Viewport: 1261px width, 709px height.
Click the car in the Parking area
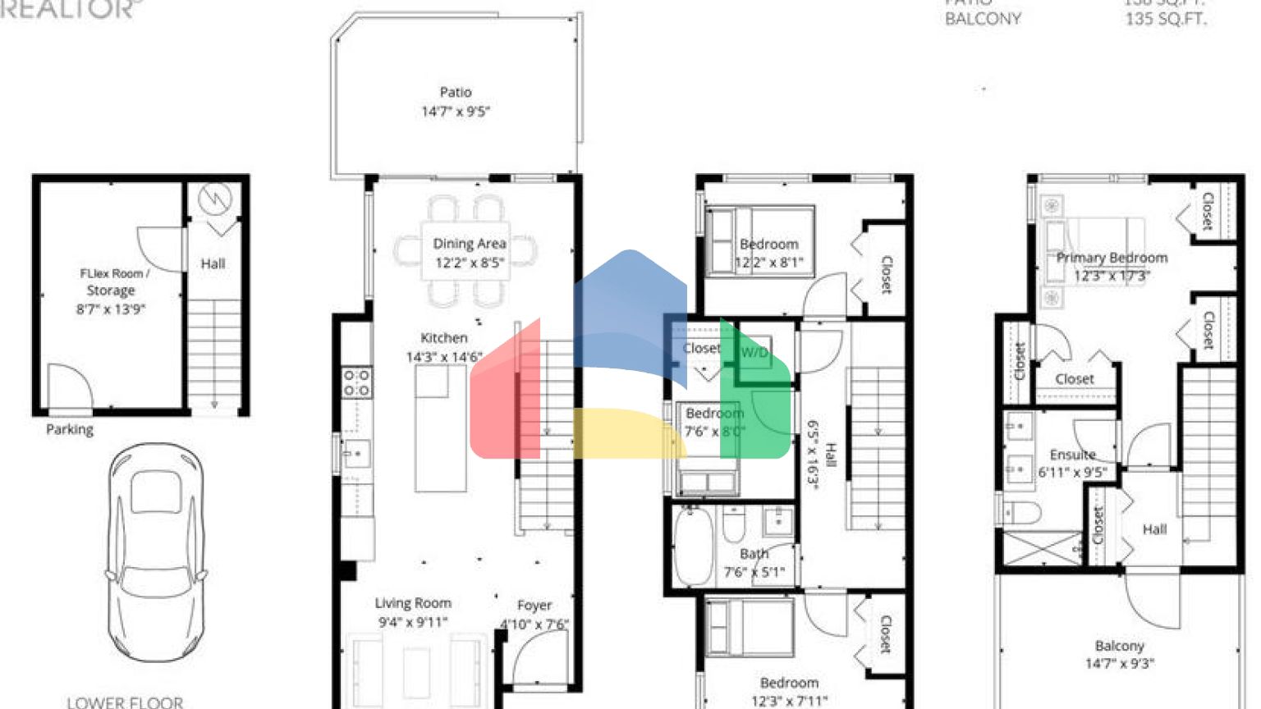[155, 551]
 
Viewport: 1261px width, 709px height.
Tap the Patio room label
[456, 92]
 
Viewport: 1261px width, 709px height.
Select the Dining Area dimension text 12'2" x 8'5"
[470, 263]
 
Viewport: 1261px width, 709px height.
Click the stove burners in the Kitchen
[356, 382]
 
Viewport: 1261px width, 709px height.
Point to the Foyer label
[534, 605]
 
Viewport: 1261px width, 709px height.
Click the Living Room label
[413, 603]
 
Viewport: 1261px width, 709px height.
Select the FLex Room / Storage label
[112, 281]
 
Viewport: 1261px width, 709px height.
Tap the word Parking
[70, 429]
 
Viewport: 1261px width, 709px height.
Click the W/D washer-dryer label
[754, 353]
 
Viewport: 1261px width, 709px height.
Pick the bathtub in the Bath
[692, 546]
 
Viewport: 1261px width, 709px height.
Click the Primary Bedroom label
[1112, 258]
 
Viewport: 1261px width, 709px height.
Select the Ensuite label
[1072, 455]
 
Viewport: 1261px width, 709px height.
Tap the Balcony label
[1119, 646]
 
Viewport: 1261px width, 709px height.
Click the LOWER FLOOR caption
[125, 702]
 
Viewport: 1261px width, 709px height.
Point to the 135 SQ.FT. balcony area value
[1166, 19]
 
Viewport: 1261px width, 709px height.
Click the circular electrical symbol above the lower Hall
[215, 198]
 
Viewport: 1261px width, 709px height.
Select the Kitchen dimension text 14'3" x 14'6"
[444, 357]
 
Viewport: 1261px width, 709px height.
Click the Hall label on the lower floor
[213, 263]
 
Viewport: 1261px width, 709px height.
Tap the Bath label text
[754, 554]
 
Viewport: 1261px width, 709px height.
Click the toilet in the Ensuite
[1018, 513]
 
